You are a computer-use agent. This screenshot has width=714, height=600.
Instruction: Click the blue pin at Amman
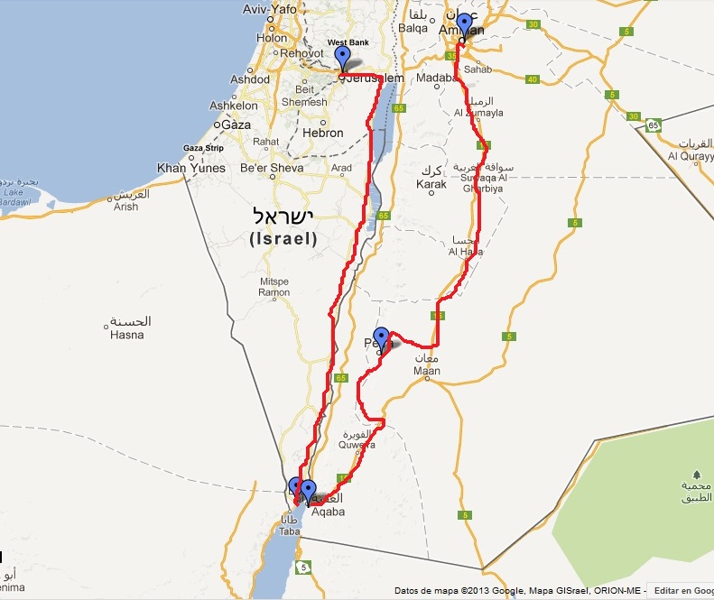tap(464, 26)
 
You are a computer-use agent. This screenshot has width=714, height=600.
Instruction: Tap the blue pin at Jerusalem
tap(342, 59)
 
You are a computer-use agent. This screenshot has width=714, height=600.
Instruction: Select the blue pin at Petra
tap(381, 338)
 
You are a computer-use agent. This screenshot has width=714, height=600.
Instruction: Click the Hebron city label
tap(322, 133)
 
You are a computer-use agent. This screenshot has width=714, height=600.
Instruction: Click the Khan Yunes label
tap(190, 168)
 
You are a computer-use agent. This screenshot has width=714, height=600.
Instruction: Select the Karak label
tap(431, 184)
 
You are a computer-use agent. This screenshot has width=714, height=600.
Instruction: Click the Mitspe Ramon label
tap(274, 287)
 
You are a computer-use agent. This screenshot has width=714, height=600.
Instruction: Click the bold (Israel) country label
tap(283, 239)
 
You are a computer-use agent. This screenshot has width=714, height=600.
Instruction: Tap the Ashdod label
tap(250, 79)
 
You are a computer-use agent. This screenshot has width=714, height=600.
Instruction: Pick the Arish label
tap(126, 207)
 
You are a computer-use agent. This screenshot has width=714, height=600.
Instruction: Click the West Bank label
tap(348, 42)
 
